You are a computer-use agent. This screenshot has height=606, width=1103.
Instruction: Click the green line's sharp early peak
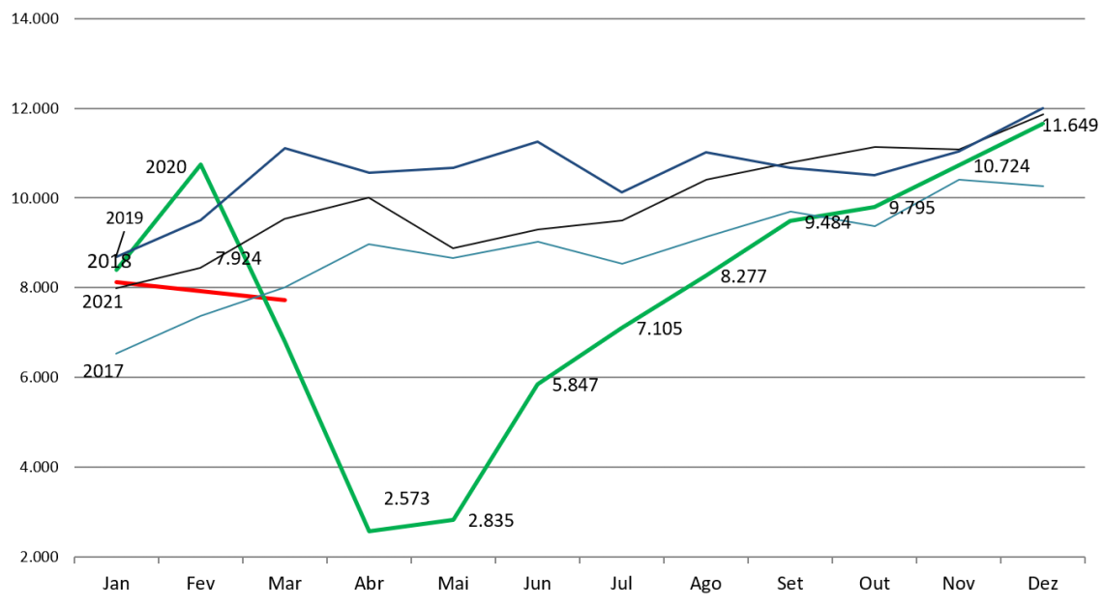coord(200,164)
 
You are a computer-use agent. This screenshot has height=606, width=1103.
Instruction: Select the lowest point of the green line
coord(369,531)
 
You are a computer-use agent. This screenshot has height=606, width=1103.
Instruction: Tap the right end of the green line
coord(1043,124)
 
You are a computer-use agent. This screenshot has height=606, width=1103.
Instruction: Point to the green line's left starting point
coord(116,270)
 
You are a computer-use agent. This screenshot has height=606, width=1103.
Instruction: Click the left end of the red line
coord(115,281)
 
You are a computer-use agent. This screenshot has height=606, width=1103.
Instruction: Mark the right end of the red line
coord(286,301)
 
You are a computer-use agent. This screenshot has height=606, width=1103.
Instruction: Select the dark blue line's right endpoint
coord(1043,107)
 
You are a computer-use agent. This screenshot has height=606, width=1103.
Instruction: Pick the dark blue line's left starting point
coord(118,257)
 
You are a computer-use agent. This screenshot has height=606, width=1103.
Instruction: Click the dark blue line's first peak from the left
coord(283,148)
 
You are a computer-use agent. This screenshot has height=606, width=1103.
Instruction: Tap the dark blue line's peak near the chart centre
coord(537,142)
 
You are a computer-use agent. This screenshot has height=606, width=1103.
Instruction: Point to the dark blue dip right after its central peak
coord(621,192)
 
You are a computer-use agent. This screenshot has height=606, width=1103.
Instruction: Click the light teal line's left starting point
coord(116,353)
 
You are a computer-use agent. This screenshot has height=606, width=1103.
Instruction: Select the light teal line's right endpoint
coord(1043,186)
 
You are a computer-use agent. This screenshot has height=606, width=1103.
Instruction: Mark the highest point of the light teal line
coord(958,180)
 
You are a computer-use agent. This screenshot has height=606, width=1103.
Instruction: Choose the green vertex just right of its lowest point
coord(453,519)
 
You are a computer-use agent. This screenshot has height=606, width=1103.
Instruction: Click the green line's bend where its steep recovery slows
coord(538,383)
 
